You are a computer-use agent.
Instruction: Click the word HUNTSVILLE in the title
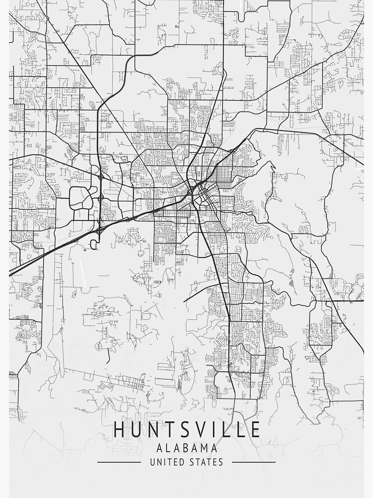pyautogui.click(x=186, y=430)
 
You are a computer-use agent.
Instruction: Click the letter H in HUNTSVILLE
pyautogui.click(x=120, y=430)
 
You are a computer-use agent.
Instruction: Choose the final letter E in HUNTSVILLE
pyautogui.click(x=254, y=430)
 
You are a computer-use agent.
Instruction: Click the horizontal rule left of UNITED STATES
pyautogui.click(x=119, y=462)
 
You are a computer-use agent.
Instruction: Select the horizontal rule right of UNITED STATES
pyautogui.click(x=254, y=462)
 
